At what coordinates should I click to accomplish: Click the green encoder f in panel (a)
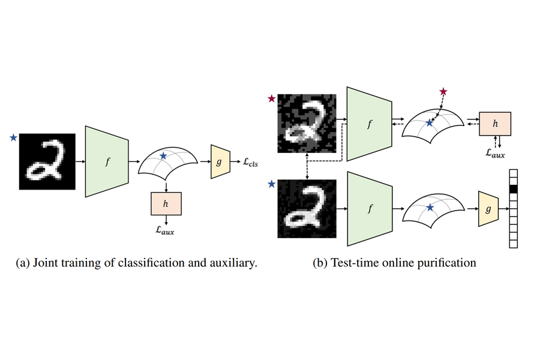[x=108, y=161]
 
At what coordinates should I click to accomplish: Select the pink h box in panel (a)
[x=166, y=205]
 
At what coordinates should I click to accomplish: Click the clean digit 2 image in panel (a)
[x=47, y=161]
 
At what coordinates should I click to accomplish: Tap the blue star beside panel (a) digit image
[x=13, y=138]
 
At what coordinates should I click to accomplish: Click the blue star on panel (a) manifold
[x=164, y=156]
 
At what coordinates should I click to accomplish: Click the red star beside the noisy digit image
[x=272, y=98]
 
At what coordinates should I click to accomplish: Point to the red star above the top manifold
[x=443, y=91]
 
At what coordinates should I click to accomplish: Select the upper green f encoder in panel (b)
[x=368, y=124]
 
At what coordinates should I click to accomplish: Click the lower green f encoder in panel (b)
[x=368, y=208]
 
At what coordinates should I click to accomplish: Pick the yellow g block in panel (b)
[x=488, y=208]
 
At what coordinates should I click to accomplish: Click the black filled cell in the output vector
[x=512, y=190]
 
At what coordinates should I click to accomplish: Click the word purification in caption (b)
[x=445, y=263]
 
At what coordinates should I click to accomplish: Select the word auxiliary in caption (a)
[x=232, y=263]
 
